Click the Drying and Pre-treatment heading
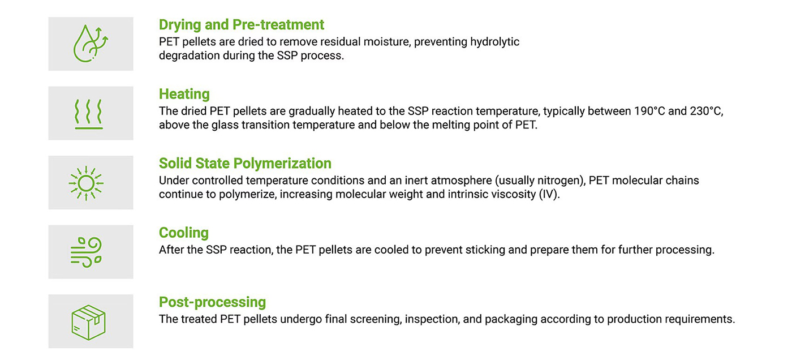[x=241, y=25]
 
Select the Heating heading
[x=184, y=94]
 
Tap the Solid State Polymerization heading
[x=245, y=164]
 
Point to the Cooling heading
[x=183, y=233]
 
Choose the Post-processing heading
[x=212, y=302]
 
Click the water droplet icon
[x=91, y=44]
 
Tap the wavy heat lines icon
[x=89, y=114]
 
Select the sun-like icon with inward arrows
[x=86, y=183]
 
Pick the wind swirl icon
[x=86, y=252]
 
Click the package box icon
[x=88, y=322]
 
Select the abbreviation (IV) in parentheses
[x=549, y=194]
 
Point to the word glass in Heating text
[x=225, y=125]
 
